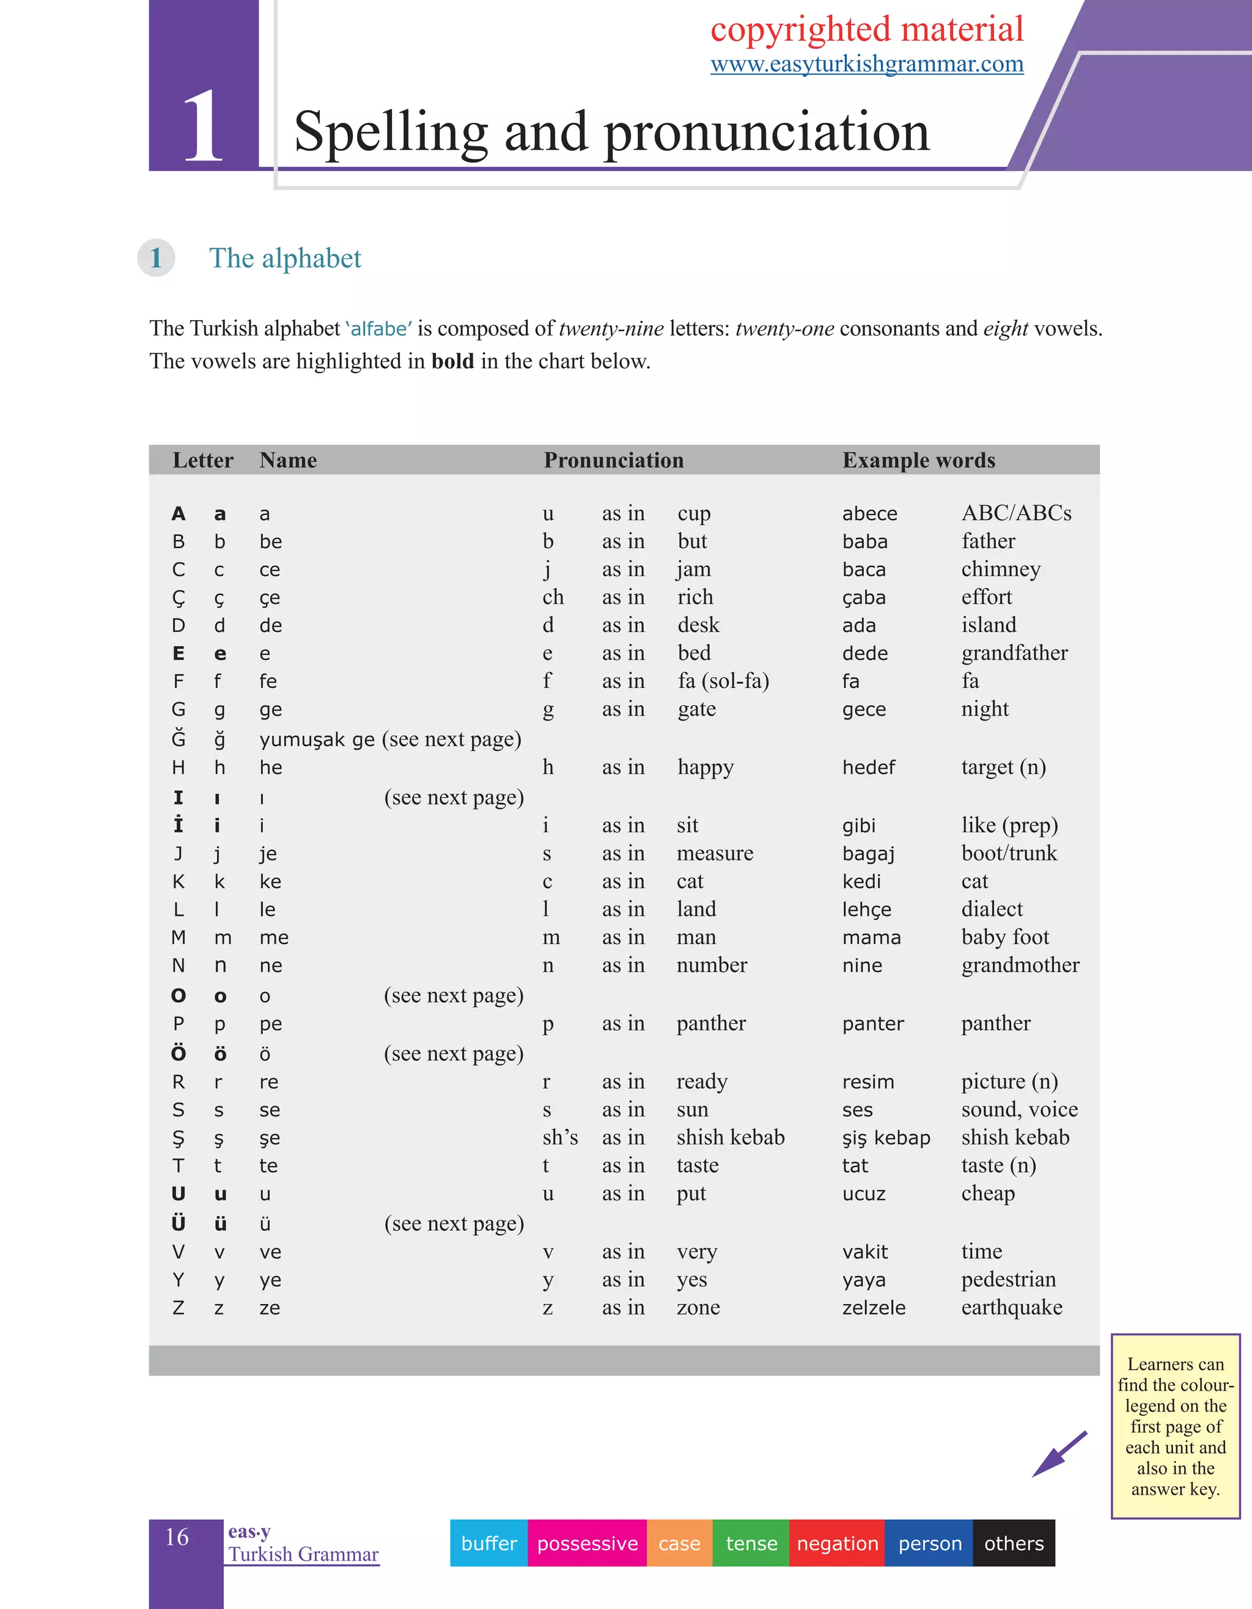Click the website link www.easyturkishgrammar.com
point(867,64)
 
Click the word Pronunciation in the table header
point(613,460)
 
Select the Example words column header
point(918,460)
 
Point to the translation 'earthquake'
point(1011,1308)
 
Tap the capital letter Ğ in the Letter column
point(179,738)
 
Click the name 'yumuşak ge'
point(317,739)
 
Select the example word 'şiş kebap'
point(886,1137)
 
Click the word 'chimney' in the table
point(1001,570)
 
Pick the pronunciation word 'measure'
point(715,853)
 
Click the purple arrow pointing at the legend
point(1059,1454)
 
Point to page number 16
point(177,1537)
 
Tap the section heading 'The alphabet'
point(285,258)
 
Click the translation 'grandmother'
point(1020,965)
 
